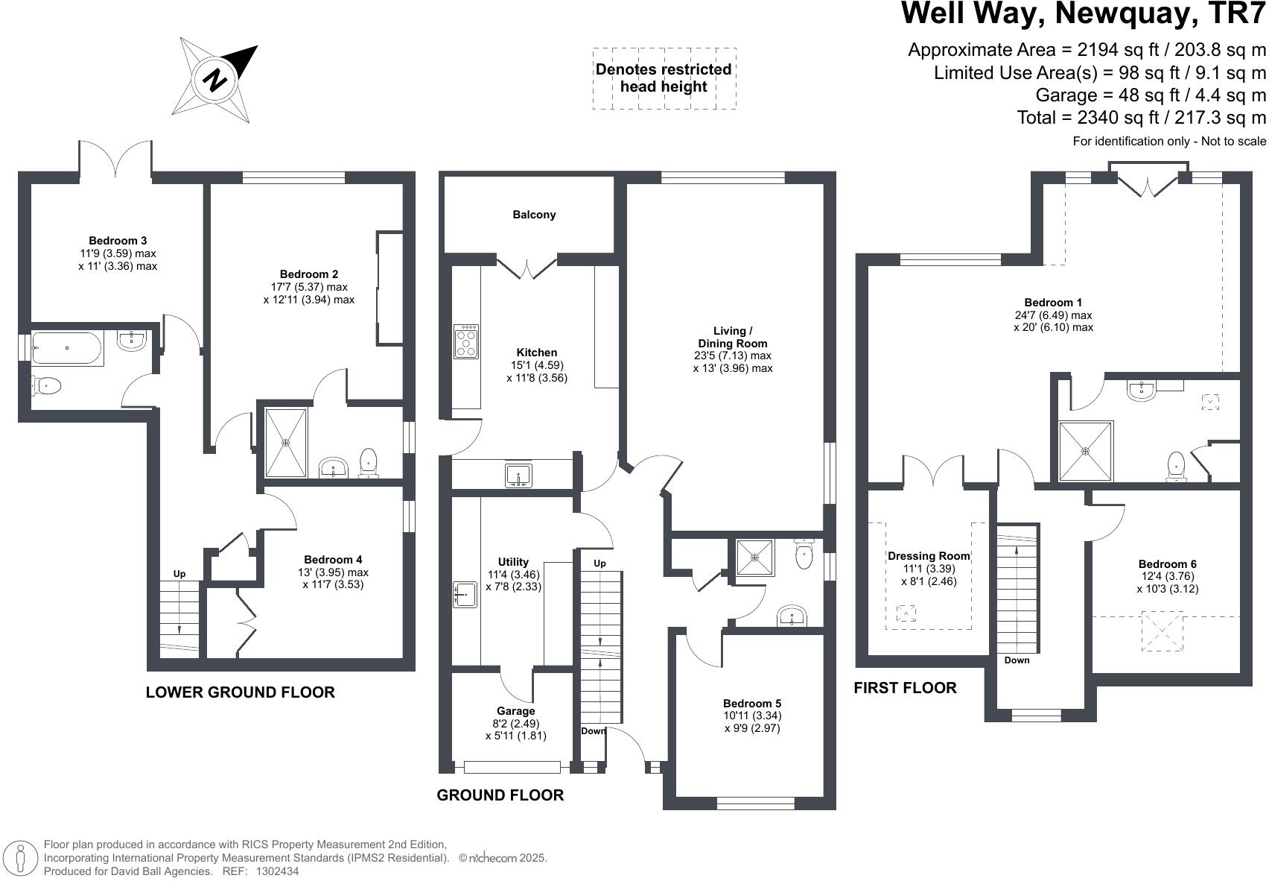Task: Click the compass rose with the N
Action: [x=216, y=80]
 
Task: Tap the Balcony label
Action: [x=534, y=215]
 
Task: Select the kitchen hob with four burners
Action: [x=466, y=341]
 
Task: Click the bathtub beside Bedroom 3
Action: [x=67, y=348]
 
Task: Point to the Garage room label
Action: [x=516, y=711]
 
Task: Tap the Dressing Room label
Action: [x=929, y=556]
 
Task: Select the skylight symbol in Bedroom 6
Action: [x=1163, y=631]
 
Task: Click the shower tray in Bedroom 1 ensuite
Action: [x=1086, y=451]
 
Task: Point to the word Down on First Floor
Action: [x=1017, y=660]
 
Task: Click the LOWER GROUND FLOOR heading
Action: [x=240, y=692]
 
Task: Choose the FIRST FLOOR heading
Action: [x=905, y=688]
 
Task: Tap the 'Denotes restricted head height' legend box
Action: [x=664, y=78]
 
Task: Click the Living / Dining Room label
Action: [x=733, y=337]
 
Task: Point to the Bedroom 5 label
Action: [x=752, y=704]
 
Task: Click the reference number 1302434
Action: [x=277, y=871]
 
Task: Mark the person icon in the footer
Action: [x=22, y=859]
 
